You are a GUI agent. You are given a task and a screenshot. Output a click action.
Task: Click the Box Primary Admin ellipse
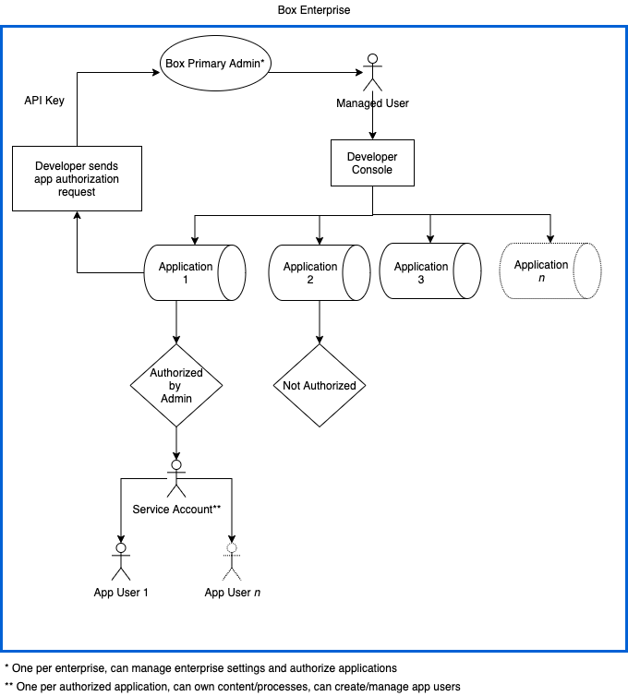pyautogui.click(x=216, y=64)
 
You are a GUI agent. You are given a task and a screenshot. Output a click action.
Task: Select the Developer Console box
pyautogui.click(x=372, y=163)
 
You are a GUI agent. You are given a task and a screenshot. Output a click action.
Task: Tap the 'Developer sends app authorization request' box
pyautogui.click(x=77, y=178)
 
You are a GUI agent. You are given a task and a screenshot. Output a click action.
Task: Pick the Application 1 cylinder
pyautogui.click(x=194, y=272)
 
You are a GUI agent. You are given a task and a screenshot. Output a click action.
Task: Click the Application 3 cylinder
pyautogui.click(x=429, y=271)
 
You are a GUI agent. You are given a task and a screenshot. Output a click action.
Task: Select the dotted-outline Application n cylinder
pyautogui.click(x=549, y=270)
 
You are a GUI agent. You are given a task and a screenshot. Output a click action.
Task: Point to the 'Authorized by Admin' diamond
pyautogui.click(x=176, y=385)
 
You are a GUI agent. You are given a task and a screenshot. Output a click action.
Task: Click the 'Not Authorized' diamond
pyautogui.click(x=320, y=386)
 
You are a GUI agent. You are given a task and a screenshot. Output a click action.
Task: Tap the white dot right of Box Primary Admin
pyautogui.click(x=373, y=59)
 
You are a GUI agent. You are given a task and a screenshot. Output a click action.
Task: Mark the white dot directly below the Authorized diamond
pyautogui.click(x=176, y=464)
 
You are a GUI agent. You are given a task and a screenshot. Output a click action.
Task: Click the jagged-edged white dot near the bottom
pyautogui.click(x=232, y=547)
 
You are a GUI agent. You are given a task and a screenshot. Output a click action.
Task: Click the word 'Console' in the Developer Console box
pyautogui.click(x=372, y=170)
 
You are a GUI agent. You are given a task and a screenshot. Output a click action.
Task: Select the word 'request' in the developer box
pyautogui.click(x=77, y=192)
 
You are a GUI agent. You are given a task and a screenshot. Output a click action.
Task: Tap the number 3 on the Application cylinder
pyautogui.click(x=421, y=280)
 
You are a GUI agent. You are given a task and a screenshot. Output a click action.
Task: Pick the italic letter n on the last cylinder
pyautogui.click(x=541, y=278)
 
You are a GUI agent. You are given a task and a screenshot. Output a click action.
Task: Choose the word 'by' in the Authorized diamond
pyautogui.click(x=176, y=385)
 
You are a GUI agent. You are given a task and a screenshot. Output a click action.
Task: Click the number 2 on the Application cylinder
pyautogui.click(x=310, y=280)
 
